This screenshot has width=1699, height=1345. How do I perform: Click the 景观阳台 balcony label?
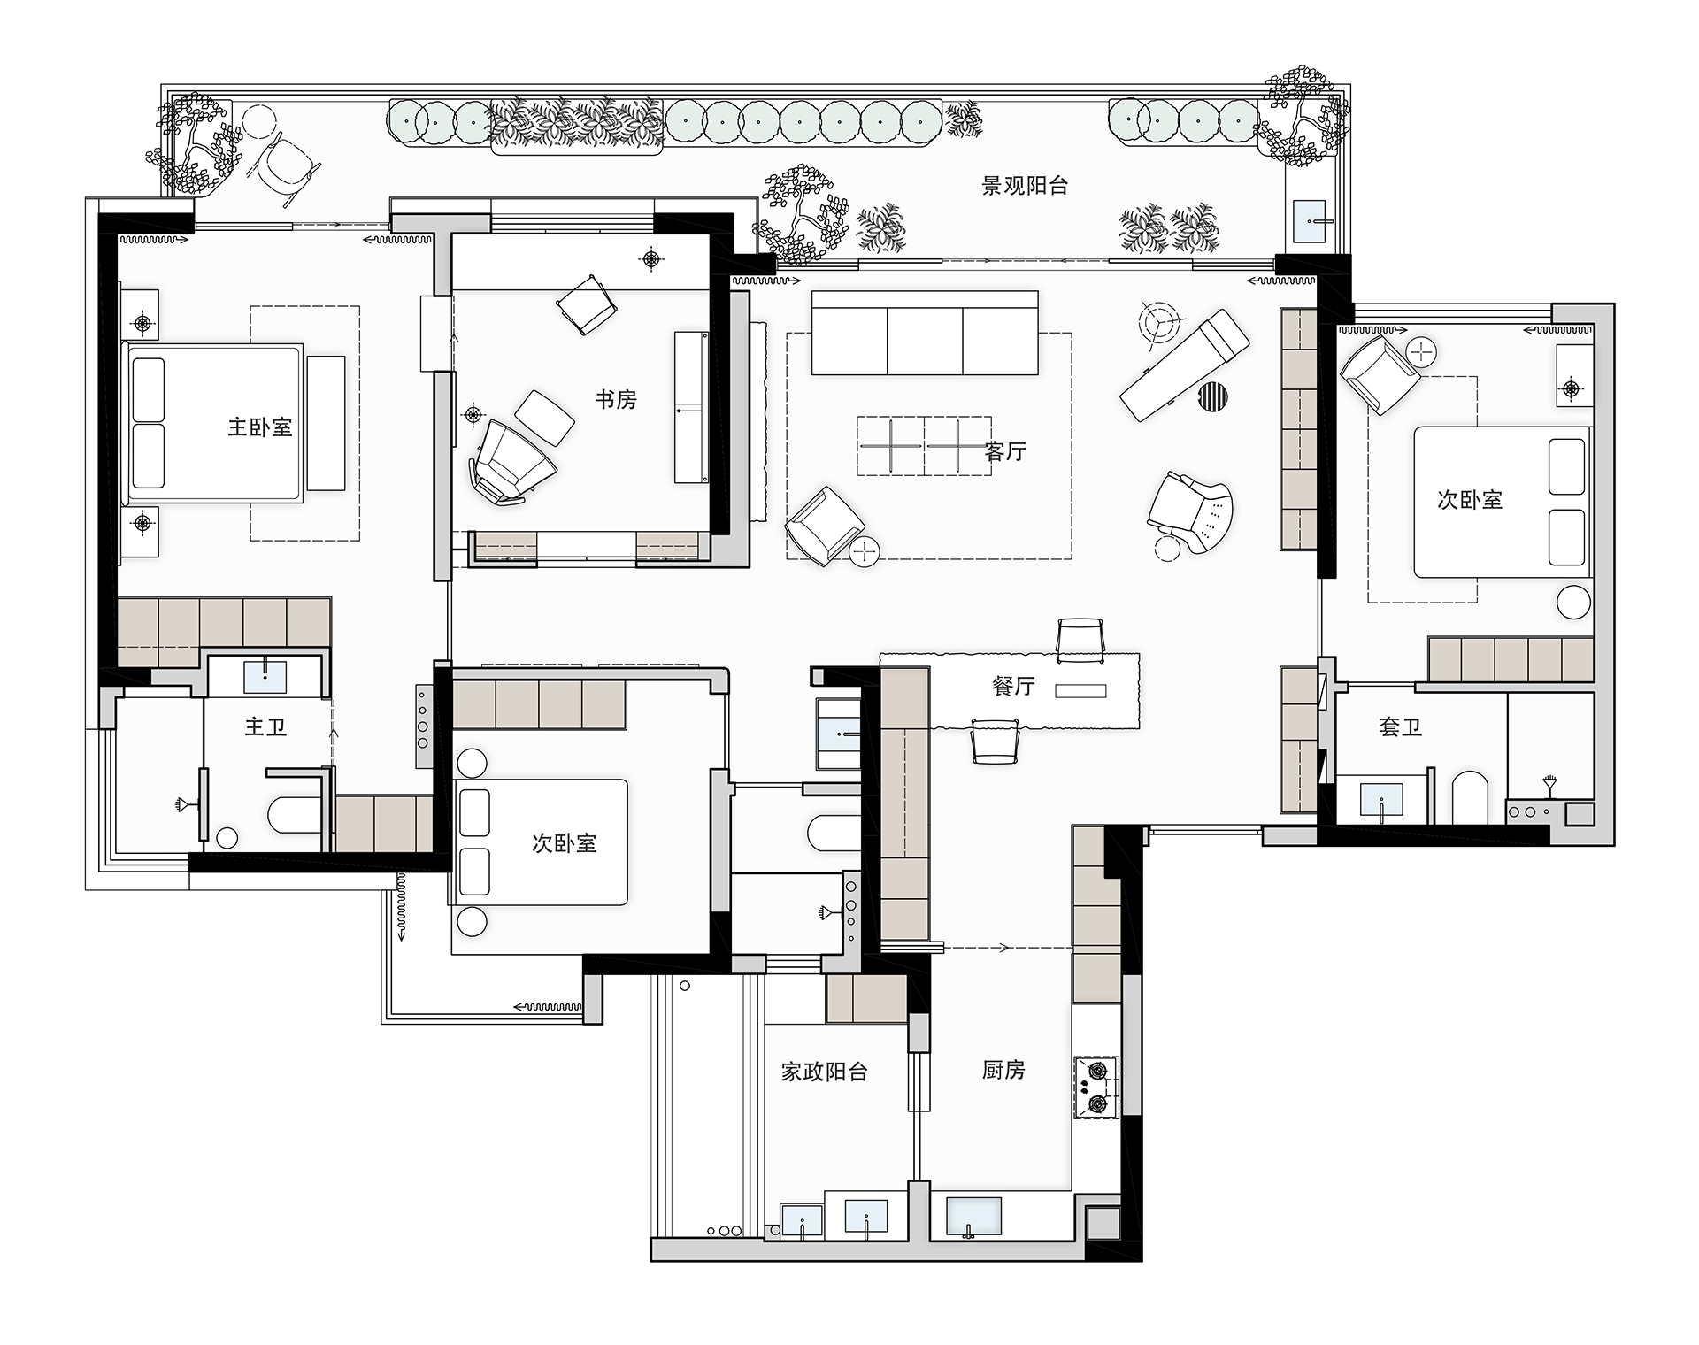pos(1025,186)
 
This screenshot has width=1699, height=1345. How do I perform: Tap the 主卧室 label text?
pos(259,427)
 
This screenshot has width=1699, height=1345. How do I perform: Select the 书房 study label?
pos(616,399)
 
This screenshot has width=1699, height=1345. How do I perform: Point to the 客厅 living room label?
pos(1005,451)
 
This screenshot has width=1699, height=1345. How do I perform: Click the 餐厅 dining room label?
pos(1013,686)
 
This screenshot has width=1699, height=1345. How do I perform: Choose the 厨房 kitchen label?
pos(1003,1070)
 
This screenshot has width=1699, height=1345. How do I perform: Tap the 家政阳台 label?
pos(824,1072)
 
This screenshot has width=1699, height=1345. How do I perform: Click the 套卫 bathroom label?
pos(1400,727)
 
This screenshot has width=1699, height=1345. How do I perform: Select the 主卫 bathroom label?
pos(265,727)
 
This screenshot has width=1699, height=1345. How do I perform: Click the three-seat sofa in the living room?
pos(925,333)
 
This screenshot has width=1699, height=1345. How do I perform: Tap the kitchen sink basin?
pos(974,1217)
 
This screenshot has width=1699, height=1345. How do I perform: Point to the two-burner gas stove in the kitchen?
pos(1096,1088)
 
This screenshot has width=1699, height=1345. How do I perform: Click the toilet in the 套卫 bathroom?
pos(1471,797)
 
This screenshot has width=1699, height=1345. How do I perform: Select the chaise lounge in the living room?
pos(1184,365)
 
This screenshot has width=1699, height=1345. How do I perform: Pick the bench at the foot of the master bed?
pos(326,423)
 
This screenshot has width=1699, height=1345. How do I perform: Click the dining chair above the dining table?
pos(1080,640)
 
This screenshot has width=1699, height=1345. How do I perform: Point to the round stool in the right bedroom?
pos(1573,602)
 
